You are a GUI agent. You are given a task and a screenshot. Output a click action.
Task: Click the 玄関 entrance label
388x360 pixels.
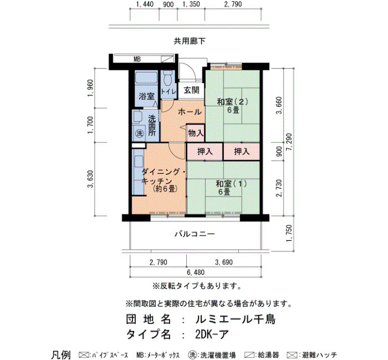pyautogui.click(x=192, y=90)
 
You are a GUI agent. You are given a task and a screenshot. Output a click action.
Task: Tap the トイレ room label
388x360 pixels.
pyautogui.click(x=169, y=91)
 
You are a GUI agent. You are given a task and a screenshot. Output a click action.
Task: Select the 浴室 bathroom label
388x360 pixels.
pyautogui.click(x=146, y=96)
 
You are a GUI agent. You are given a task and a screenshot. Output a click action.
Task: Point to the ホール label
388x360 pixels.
pyautogui.click(x=190, y=112)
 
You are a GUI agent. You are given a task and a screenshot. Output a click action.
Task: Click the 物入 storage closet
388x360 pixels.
pyautogui.click(x=196, y=133)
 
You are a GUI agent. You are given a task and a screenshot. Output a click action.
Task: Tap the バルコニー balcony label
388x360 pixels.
pyautogui.click(x=195, y=234)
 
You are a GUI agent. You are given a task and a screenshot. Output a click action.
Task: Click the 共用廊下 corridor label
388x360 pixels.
pyautogui.click(x=190, y=41)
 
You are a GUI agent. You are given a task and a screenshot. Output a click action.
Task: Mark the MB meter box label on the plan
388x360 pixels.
pyautogui.click(x=137, y=59)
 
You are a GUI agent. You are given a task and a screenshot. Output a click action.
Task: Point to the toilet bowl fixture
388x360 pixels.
pyautogui.click(x=167, y=78)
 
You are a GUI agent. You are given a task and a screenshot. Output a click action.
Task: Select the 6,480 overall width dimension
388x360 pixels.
pyautogui.click(x=196, y=272)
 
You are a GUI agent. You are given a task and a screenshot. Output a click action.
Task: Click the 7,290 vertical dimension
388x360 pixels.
pyautogui.click(x=289, y=143)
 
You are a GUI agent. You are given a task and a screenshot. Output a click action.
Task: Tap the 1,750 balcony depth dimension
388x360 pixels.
pyautogui.click(x=289, y=234)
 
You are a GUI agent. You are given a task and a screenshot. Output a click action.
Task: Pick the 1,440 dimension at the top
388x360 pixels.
pyautogui.click(x=145, y=4)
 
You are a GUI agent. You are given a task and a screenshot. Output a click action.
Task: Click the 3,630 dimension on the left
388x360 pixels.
pyautogui.click(x=90, y=179)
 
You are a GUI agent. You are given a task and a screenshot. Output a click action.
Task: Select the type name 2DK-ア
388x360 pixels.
pyautogui.click(x=212, y=335)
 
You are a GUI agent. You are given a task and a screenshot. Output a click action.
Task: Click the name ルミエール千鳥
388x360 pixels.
pyautogui.click(x=236, y=320)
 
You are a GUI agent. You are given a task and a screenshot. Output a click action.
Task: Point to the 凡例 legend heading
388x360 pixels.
pyautogui.click(x=61, y=355)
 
